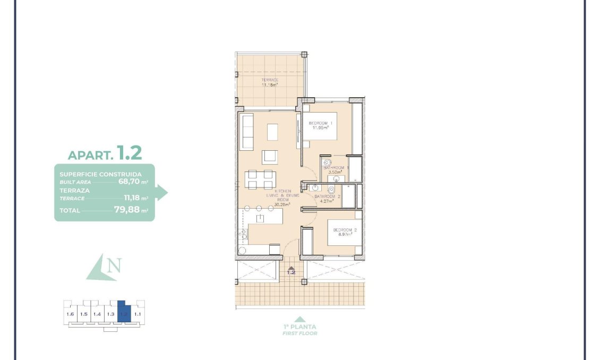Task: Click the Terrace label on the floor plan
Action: [270, 81]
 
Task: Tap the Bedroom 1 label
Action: [320, 124]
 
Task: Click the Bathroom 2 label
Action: [327, 196]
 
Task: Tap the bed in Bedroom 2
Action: [344, 232]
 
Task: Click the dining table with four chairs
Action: [260, 179]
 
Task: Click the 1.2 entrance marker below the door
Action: [291, 272]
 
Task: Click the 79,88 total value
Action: [129, 210]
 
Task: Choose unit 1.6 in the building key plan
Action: [70, 314]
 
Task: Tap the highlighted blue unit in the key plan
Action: [123, 312]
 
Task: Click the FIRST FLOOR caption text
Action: [300, 333]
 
